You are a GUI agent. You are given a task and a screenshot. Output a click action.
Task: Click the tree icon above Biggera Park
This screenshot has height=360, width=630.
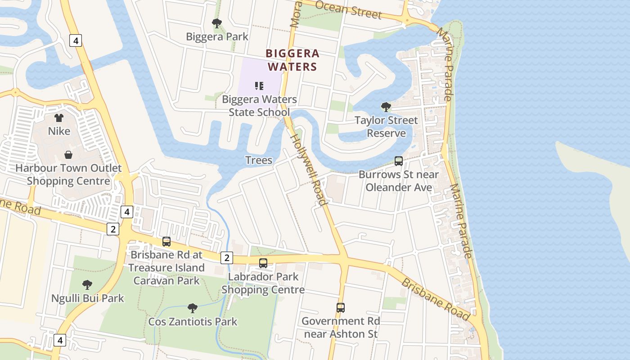coord(217,23)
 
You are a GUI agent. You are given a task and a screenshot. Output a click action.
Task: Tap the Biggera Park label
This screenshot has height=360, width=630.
coord(217,37)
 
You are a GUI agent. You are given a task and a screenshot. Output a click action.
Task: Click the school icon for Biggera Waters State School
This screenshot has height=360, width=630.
coord(259,85)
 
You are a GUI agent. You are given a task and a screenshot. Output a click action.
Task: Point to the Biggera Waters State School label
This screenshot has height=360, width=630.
coord(259,106)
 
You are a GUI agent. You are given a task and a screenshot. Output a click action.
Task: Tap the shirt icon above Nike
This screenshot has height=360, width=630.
coord(59,118)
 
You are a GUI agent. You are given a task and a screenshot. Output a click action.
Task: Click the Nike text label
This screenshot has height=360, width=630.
coord(59,131)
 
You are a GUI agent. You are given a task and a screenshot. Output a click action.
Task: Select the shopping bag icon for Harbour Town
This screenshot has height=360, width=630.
coord(68,155)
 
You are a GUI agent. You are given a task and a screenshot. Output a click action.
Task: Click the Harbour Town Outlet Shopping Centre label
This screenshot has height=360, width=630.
coord(68,175)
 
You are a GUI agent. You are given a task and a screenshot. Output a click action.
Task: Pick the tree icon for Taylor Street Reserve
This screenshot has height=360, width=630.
coord(386,107)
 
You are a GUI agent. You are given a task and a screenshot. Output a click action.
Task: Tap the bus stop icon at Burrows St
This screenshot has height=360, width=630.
coord(398,161)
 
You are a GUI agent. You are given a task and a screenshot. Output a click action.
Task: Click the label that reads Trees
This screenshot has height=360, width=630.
coord(259,160)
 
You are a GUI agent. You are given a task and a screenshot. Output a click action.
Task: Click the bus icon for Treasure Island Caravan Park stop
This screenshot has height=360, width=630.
coord(166,242)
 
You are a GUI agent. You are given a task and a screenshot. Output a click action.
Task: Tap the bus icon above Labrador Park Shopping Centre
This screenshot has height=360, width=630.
coord(263,263)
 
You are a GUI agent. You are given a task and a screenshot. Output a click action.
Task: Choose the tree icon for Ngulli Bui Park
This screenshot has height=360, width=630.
coord(87,285)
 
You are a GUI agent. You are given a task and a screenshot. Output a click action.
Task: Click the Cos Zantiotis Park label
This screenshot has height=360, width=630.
coord(193,322)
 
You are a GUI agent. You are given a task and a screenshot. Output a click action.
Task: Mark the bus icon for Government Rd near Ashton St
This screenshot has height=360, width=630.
coord(341,308)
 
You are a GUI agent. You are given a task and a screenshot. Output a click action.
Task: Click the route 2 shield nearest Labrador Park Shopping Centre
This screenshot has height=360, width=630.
coord(227,258)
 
